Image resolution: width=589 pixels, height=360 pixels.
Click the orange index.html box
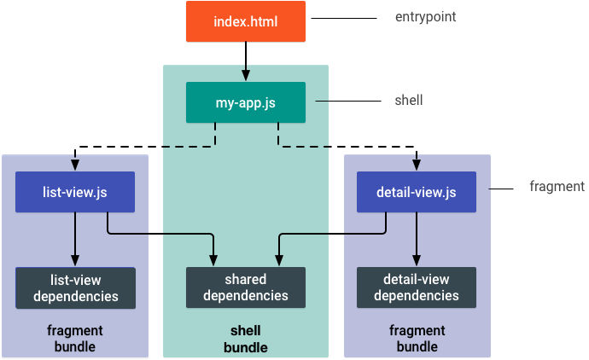245,20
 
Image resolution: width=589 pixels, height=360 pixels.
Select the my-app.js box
245,102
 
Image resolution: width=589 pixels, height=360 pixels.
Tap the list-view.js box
75,192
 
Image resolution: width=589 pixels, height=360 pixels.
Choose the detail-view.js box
416,192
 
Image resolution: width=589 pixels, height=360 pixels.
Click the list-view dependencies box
75,288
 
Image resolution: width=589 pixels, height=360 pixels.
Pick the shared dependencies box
245,288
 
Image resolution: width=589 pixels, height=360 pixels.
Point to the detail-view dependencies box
416,288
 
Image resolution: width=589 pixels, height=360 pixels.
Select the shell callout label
408,100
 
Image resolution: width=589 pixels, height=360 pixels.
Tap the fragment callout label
557,186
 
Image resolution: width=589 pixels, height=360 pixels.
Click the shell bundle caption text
245,339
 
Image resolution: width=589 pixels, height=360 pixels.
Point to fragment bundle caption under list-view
75,339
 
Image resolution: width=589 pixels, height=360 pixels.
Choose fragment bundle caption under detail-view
416,339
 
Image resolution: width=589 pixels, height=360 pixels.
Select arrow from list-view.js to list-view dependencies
75,239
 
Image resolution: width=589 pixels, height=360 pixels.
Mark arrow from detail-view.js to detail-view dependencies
416,239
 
